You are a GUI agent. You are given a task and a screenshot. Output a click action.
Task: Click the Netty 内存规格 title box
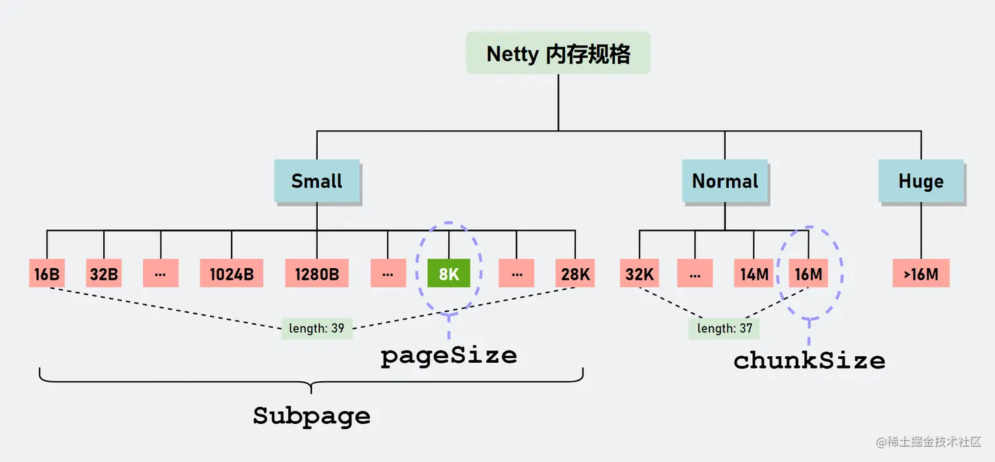pyautogui.click(x=558, y=53)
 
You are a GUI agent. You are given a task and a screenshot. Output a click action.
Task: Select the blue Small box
pyautogui.click(x=317, y=181)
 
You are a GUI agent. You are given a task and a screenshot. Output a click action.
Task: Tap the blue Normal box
pyautogui.click(x=725, y=181)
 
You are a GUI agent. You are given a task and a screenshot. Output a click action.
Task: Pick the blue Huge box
pyautogui.click(x=921, y=181)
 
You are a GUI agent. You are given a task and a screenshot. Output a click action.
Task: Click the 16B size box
pyautogui.click(x=47, y=274)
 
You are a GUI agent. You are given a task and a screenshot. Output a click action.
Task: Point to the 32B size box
pyautogui.click(x=104, y=274)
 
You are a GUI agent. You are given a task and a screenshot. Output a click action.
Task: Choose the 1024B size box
pyautogui.click(x=232, y=274)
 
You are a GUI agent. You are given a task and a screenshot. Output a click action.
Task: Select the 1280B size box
pyautogui.click(x=317, y=274)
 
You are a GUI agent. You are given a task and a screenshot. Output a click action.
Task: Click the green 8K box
pyautogui.click(x=449, y=274)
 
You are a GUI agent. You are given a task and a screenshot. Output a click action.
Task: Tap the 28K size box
pyautogui.click(x=575, y=274)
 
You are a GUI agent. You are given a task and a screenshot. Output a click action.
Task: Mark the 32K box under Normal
pyautogui.click(x=639, y=274)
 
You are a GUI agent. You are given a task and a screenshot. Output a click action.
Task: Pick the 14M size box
pyautogui.click(x=753, y=274)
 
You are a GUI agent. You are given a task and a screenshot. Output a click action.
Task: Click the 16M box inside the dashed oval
pyautogui.click(x=808, y=274)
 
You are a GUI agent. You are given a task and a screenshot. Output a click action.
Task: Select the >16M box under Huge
pyautogui.click(x=921, y=274)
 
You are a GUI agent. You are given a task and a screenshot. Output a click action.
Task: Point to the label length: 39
pyautogui.click(x=317, y=328)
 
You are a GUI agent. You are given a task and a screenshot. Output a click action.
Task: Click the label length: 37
pyautogui.click(x=725, y=328)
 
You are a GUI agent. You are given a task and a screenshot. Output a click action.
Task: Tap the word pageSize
pyautogui.click(x=449, y=356)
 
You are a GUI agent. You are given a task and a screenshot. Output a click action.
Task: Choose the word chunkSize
pyautogui.click(x=809, y=360)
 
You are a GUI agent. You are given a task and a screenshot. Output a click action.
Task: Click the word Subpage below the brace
pyautogui.click(x=311, y=416)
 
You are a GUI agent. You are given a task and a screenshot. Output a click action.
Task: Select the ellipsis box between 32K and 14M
pyautogui.click(x=695, y=274)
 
